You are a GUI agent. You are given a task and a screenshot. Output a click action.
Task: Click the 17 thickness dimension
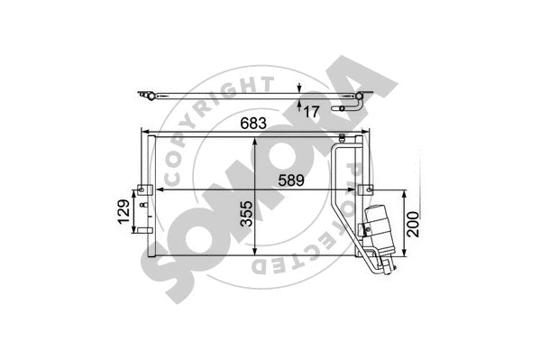click(311, 112)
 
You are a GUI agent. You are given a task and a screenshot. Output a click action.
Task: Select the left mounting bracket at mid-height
click(142, 190)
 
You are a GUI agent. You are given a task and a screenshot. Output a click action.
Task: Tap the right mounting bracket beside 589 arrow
click(365, 190)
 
